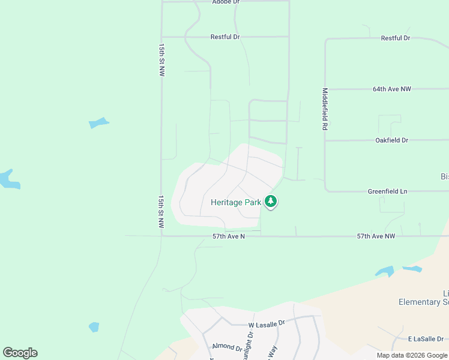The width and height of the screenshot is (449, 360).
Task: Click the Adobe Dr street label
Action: [x=225, y=2]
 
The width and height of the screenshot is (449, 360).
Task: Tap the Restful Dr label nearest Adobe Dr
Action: [x=225, y=37]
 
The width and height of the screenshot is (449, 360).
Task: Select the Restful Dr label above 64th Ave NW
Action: [x=396, y=38]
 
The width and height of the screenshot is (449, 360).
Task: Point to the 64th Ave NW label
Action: [x=392, y=89]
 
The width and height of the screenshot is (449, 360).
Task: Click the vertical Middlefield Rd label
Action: [x=325, y=110]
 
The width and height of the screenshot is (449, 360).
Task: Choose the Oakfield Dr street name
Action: [x=391, y=140]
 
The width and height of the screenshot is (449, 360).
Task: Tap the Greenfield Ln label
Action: [x=387, y=191]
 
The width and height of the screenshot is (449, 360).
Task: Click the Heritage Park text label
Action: [x=236, y=202]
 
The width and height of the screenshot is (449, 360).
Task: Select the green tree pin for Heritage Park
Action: [x=271, y=202]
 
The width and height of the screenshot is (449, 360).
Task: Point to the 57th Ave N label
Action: [x=229, y=236]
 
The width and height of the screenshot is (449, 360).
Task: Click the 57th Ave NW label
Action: [x=376, y=236]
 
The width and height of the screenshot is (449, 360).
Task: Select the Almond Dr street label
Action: [x=227, y=347]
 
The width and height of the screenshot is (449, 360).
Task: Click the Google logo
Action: [x=20, y=353]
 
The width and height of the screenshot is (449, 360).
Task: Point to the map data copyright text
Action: [x=412, y=355]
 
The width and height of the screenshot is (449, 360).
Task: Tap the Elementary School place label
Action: [x=423, y=302]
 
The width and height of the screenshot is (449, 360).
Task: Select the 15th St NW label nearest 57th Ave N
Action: [x=161, y=211]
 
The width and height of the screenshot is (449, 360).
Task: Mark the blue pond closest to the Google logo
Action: [x=94, y=327]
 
